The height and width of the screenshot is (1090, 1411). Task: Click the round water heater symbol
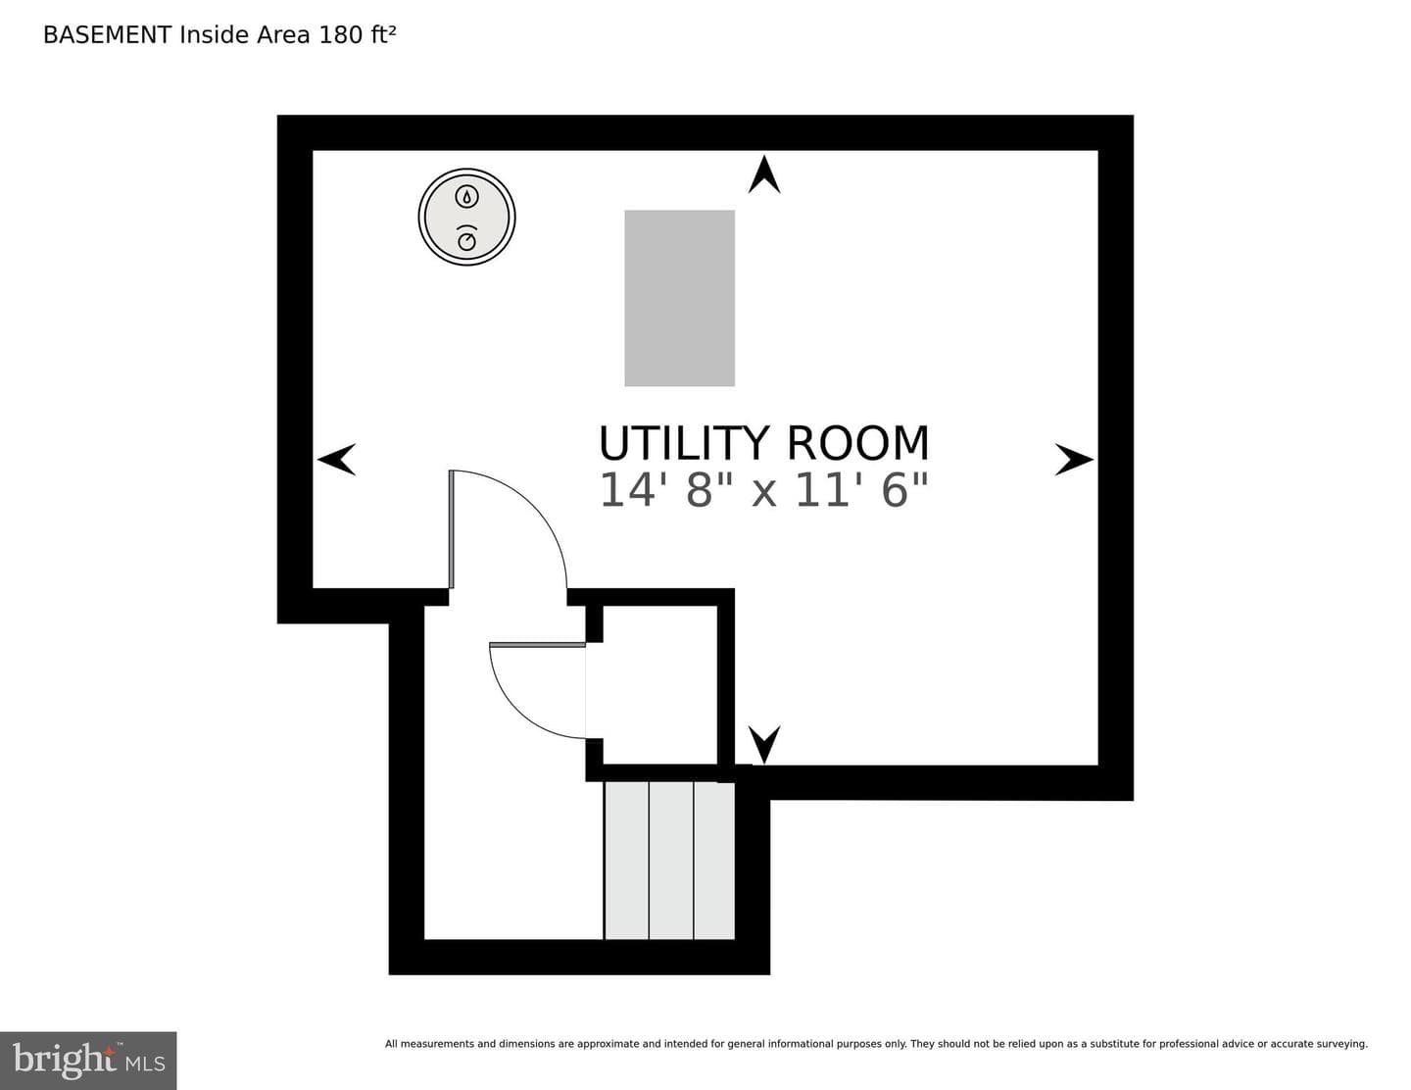click(466, 217)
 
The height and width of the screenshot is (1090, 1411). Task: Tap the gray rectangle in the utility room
click(679, 298)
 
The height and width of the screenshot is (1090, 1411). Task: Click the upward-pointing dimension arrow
click(764, 174)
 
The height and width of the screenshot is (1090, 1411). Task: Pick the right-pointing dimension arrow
click(1074, 460)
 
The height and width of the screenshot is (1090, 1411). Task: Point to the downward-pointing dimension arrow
click(764, 744)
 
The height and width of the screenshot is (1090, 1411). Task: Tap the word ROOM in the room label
click(857, 444)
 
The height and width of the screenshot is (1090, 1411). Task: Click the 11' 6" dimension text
click(861, 490)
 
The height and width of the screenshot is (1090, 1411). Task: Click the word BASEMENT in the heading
click(107, 35)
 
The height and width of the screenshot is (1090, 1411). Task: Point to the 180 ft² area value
click(357, 35)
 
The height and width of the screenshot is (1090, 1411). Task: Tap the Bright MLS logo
click(88, 1061)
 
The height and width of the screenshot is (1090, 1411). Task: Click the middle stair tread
click(671, 860)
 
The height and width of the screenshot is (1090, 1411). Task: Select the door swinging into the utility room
click(509, 529)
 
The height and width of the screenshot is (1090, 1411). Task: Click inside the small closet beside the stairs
click(659, 685)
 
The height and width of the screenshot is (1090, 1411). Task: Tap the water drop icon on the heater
click(466, 196)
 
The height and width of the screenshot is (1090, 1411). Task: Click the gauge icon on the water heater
click(466, 238)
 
